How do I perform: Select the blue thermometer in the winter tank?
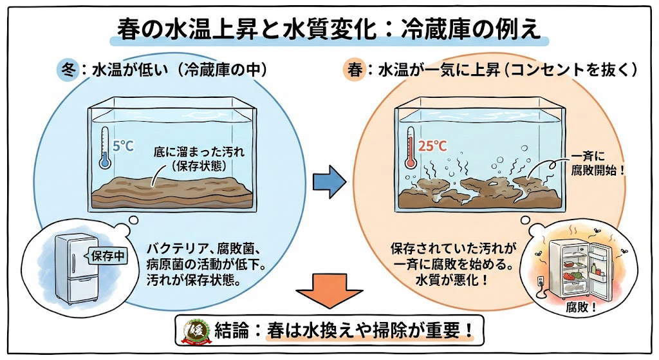(104, 147)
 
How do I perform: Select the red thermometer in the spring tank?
(411, 147)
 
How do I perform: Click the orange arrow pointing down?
(329, 290)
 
